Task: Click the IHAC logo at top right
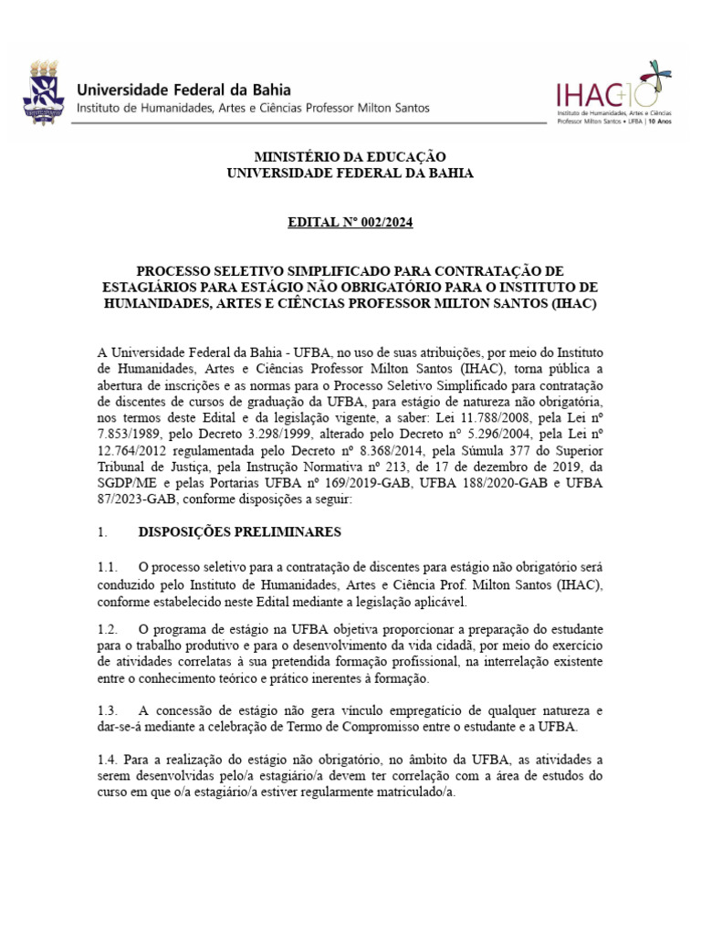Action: click(612, 93)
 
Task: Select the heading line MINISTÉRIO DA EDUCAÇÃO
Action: click(350, 157)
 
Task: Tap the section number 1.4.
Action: click(108, 759)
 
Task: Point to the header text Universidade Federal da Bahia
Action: click(183, 89)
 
